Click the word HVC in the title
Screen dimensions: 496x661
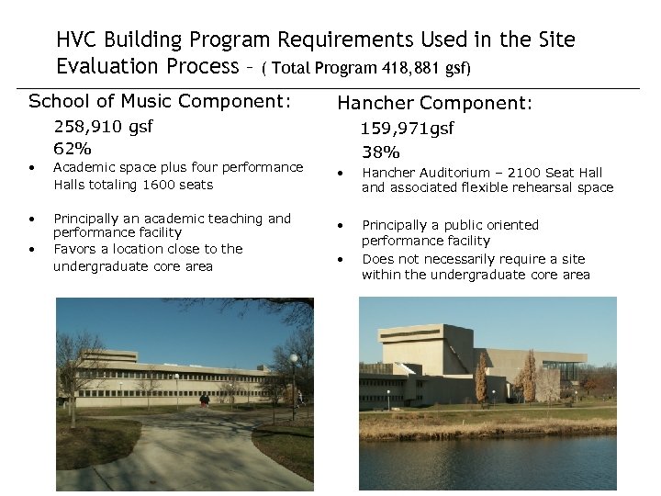(x=76, y=39)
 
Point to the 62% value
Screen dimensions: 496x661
(x=73, y=147)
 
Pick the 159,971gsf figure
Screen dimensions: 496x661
(x=408, y=130)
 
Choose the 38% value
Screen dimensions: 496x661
(x=380, y=152)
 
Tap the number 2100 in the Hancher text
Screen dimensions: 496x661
(x=512, y=172)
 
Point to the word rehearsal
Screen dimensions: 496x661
(x=547, y=188)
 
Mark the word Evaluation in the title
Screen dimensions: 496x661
(x=109, y=66)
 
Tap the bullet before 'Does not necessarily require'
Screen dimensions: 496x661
(x=340, y=260)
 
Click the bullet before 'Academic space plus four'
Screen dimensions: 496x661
(x=32, y=168)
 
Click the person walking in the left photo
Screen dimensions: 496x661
(x=205, y=400)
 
